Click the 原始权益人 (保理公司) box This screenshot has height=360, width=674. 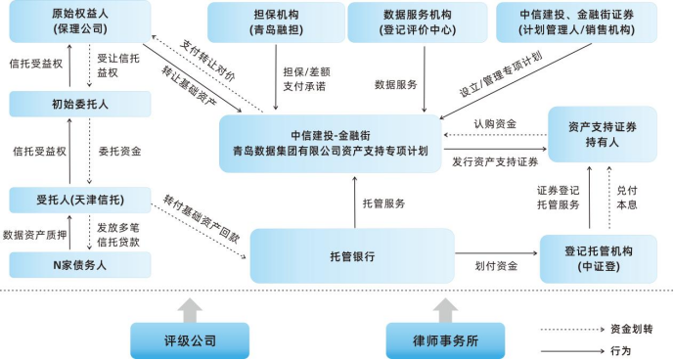(x=80, y=22)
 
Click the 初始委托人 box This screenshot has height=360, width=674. (x=80, y=103)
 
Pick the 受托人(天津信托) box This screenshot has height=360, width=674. (x=80, y=201)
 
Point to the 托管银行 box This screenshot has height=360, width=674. (x=352, y=255)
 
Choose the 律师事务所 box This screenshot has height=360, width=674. (x=445, y=340)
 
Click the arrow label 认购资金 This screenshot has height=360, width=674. (x=495, y=124)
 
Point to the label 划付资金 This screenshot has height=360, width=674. (x=496, y=265)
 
